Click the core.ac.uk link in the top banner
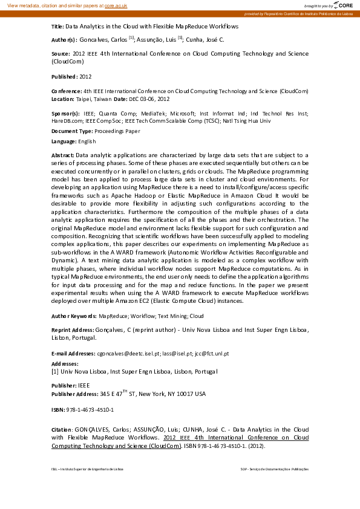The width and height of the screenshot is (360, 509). coord(117,5)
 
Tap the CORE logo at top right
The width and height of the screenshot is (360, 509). coord(344,5)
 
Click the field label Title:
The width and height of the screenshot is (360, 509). coord(57,27)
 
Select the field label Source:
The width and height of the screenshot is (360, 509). coord(61,53)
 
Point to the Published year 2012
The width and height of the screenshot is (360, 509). coord(85,77)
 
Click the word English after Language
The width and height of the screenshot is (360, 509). coord(87,141)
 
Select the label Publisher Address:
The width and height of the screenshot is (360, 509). coord(74,394)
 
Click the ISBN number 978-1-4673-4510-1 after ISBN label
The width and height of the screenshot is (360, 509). coord(90,409)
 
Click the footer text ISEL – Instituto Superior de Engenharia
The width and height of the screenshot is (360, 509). coord(87,469)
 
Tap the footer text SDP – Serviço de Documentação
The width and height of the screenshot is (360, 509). coord(274,469)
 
